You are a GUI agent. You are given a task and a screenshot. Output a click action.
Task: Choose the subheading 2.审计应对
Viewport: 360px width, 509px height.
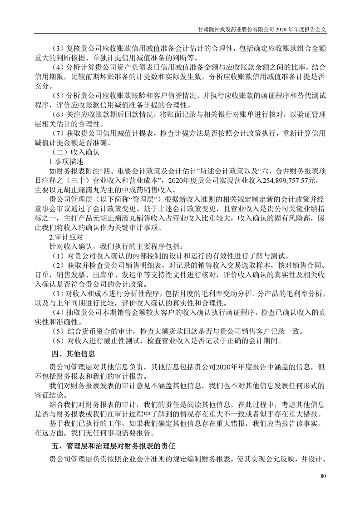(x=66, y=237)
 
